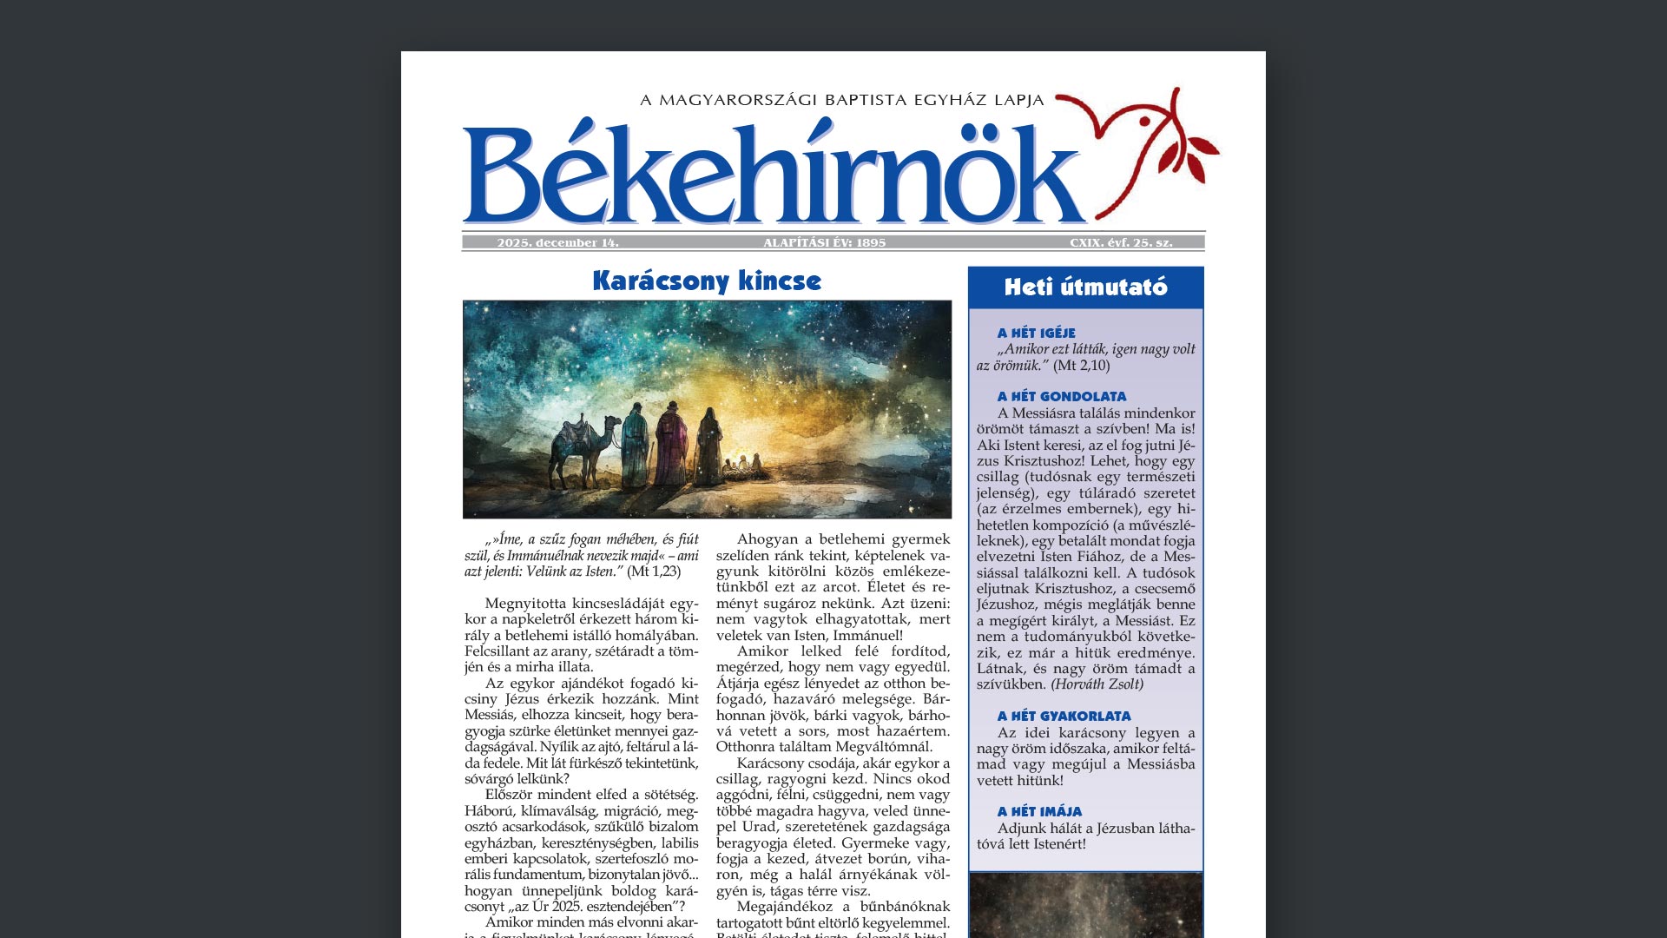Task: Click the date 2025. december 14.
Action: [x=557, y=243]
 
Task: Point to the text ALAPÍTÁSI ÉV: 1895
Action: [x=824, y=243]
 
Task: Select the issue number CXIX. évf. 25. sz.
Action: [x=1121, y=243]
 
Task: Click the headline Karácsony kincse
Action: [x=707, y=281]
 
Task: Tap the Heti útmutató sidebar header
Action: [x=1085, y=287]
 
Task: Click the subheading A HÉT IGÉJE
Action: [x=1036, y=333]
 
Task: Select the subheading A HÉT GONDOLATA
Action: [x=1061, y=396]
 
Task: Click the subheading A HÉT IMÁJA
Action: [x=1039, y=811]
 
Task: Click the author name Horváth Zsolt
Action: [x=1097, y=684]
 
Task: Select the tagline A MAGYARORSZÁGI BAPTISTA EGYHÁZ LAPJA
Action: [x=841, y=100]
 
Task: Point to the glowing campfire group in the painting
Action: [x=743, y=465]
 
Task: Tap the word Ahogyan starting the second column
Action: [x=768, y=539]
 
